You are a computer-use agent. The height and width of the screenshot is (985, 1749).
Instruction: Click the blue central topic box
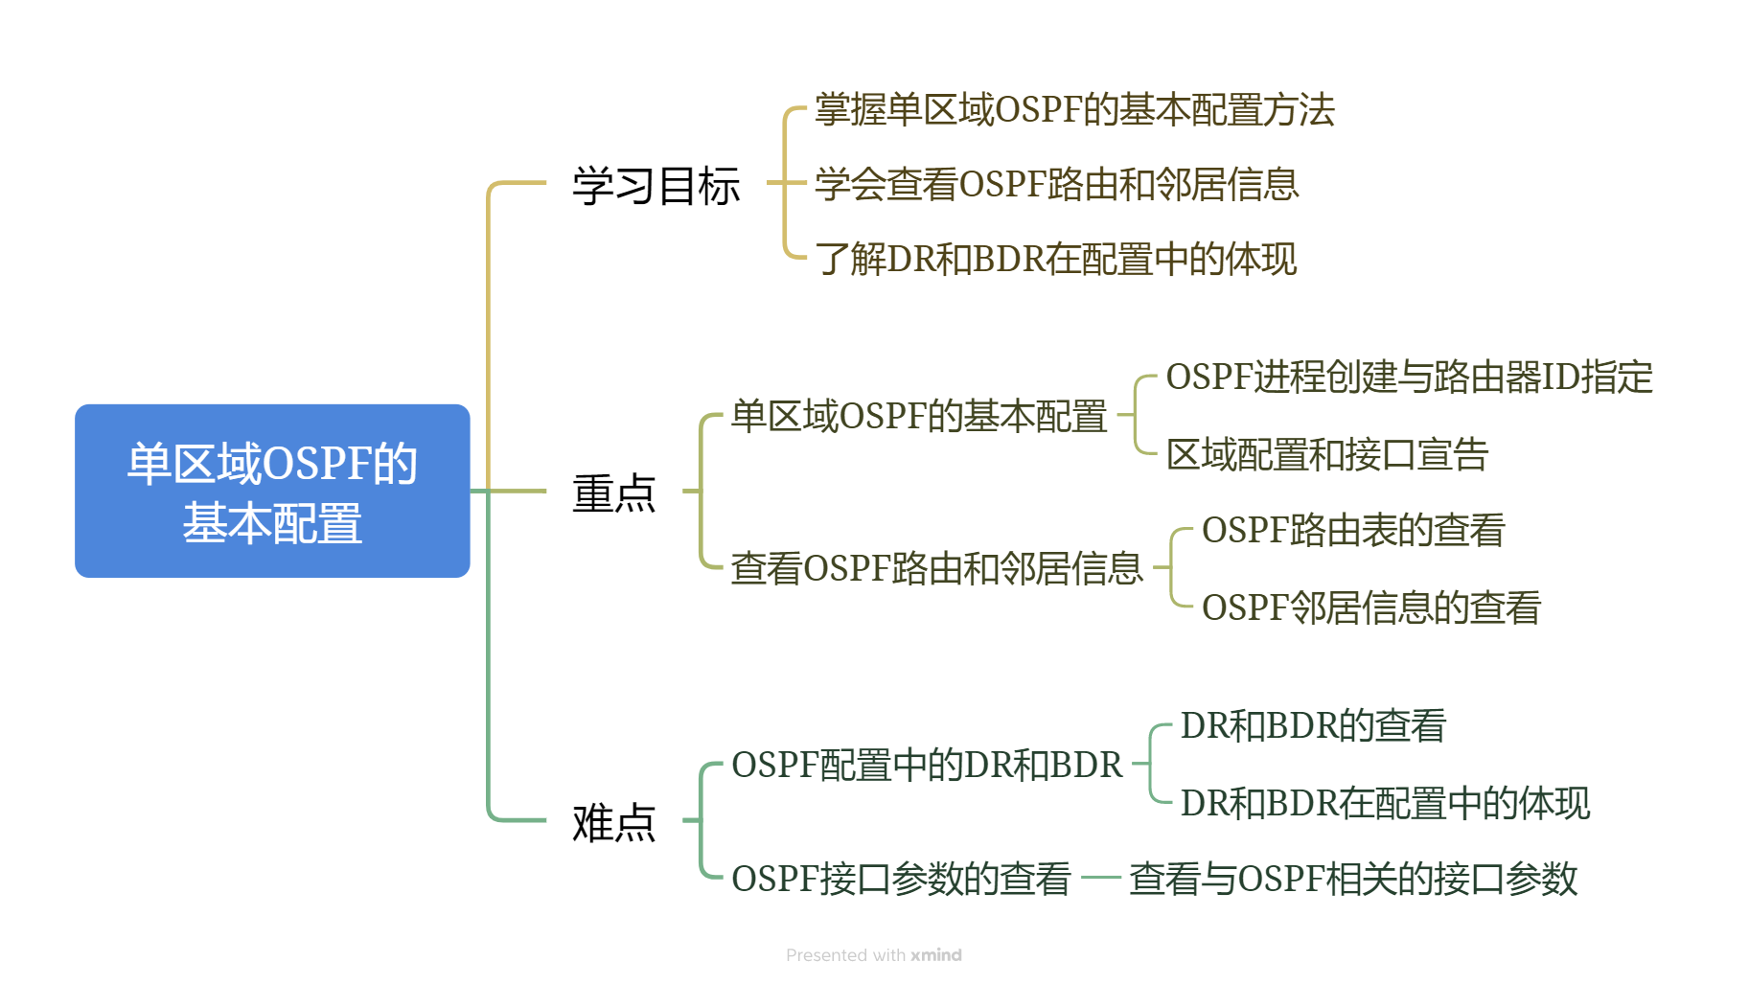272,491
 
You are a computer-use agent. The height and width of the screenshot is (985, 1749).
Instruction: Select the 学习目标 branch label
656,185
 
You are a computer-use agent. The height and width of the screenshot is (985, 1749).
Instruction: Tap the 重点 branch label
613,493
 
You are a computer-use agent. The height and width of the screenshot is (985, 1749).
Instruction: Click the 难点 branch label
613,822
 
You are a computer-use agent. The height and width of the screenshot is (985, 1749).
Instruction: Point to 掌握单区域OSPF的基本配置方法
1074,110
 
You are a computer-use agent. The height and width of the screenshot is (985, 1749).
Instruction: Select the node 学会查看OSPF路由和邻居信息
1056,184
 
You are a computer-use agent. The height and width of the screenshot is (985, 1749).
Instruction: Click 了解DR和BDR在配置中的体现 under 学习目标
1055,259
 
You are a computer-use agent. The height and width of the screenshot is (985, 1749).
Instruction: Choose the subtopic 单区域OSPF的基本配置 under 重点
918,417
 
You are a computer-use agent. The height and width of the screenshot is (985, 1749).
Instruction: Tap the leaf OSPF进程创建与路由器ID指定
1409,378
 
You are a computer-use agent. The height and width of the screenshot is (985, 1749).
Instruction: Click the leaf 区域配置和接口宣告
1326,455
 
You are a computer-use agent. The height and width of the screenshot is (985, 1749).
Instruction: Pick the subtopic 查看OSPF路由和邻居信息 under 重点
936,568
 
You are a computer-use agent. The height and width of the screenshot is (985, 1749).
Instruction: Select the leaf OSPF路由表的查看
1353,530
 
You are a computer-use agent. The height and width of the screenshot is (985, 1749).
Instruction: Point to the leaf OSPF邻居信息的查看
1370,607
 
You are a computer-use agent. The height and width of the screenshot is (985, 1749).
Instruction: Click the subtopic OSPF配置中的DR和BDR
926,765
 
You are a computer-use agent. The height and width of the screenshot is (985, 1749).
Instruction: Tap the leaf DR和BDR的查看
1312,726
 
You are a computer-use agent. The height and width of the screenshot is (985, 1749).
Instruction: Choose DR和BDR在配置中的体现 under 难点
1385,803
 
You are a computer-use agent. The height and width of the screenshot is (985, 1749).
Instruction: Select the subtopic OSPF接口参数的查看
900,879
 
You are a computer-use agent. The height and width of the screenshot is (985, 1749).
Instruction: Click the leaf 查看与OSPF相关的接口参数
1352,879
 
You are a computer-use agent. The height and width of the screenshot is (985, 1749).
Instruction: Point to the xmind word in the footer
935,955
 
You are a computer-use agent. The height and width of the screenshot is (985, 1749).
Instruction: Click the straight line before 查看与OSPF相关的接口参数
1100,878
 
